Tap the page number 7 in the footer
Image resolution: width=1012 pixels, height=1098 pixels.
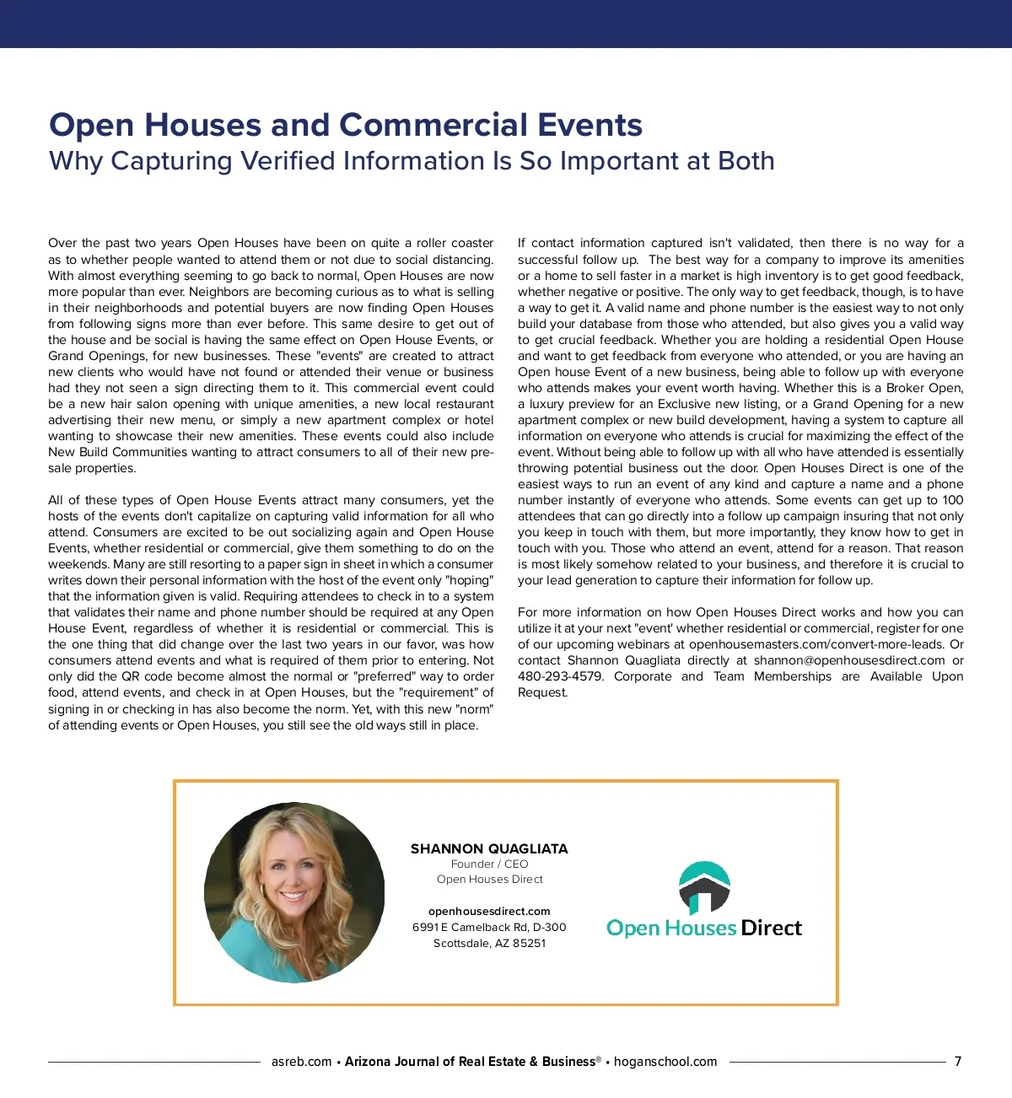tap(957, 1062)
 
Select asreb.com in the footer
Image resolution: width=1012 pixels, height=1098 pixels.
tap(301, 1062)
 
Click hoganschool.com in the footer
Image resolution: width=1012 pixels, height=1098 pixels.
tap(665, 1062)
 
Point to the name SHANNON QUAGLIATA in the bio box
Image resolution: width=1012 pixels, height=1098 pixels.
tap(489, 848)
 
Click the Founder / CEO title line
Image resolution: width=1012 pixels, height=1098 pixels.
tap(489, 864)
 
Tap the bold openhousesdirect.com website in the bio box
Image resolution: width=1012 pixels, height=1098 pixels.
tap(489, 911)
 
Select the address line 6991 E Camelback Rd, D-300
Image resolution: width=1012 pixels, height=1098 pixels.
tap(489, 927)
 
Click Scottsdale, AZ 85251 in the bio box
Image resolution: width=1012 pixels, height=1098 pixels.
tap(489, 943)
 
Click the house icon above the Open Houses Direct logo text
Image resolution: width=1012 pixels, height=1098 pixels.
tap(704, 888)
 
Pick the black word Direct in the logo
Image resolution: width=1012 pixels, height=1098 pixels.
tap(771, 928)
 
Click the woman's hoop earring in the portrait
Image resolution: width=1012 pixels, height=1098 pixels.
tap(261, 892)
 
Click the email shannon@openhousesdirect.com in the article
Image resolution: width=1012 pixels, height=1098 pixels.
tap(848, 660)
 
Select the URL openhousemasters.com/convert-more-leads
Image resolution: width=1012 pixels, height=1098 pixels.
tap(816, 644)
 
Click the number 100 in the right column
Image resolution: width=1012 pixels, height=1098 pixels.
tap(952, 500)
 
